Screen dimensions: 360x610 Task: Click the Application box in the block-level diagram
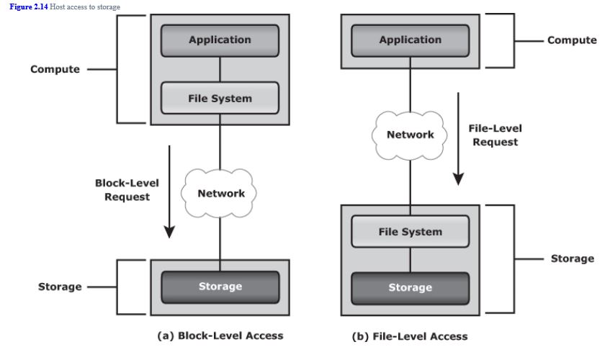220,40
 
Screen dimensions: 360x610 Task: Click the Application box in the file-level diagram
410,40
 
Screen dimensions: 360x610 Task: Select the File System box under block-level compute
220,98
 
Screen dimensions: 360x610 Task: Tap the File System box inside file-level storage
410,232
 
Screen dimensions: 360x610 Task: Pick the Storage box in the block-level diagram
220,287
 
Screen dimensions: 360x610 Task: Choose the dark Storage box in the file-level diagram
410,287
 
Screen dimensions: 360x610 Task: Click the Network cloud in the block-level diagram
220,193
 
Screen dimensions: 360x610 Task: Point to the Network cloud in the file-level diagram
410,135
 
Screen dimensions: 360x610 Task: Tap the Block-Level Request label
127,190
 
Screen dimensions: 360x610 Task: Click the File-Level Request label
495,135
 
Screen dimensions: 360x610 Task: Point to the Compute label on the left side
55,70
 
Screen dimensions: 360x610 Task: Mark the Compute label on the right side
572,40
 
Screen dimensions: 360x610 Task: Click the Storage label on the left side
60,287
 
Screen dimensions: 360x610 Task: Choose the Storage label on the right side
573,258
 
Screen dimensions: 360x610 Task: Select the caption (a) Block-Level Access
220,336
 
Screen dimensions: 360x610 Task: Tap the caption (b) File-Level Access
410,336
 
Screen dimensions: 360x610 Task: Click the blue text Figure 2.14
29,6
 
